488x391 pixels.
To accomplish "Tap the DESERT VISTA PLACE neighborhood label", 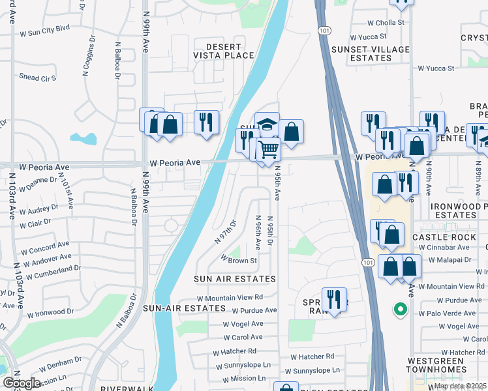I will pos(221,51).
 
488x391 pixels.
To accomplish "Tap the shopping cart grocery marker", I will pos(268,149).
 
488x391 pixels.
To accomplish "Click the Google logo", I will pos(22,383).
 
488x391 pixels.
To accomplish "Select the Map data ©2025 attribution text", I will pos(460,386).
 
